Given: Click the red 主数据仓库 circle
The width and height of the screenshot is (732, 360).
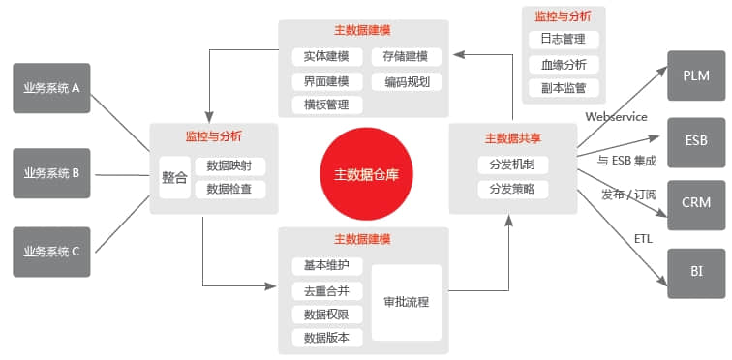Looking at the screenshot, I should pyautogui.click(x=366, y=174).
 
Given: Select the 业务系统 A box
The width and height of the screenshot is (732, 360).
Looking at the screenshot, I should pyautogui.click(x=52, y=89).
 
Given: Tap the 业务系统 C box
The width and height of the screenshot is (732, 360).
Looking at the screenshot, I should pyautogui.click(x=52, y=251).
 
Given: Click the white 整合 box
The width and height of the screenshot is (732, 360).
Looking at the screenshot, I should pyautogui.click(x=175, y=177).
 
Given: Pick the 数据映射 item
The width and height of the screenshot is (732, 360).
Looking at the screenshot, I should pyautogui.click(x=229, y=165).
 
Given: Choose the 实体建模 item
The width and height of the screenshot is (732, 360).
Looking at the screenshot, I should pyautogui.click(x=326, y=57).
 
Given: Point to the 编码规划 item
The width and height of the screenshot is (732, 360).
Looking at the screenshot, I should pyautogui.click(x=406, y=81).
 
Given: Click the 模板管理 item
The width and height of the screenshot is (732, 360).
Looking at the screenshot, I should pyautogui.click(x=326, y=105).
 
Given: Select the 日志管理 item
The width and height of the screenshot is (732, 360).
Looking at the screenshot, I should pyautogui.click(x=564, y=40).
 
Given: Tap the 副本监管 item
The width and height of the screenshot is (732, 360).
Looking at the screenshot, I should pyautogui.click(x=564, y=88).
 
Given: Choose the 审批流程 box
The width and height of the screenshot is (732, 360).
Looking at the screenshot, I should pyautogui.click(x=406, y=301).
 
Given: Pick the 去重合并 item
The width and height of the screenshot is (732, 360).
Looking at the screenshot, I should pyautogui.click(x=326, y=289).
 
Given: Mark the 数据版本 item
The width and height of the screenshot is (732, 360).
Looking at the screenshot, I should pyautogui.click(x=326, y=337).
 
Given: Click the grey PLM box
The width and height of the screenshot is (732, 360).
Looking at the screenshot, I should pyautogui.click(x=696, y=75).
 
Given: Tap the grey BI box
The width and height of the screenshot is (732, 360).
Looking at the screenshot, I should pyautogui.click(x=696, y=270).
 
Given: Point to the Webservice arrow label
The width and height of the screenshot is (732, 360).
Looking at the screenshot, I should pyautogui.click(x=616, y=117).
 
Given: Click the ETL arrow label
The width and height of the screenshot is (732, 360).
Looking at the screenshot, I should pyautogui.click(x=644, y=237).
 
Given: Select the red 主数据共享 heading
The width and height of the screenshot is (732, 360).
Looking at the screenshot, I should pyautogui.click(x=512, y=136).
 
